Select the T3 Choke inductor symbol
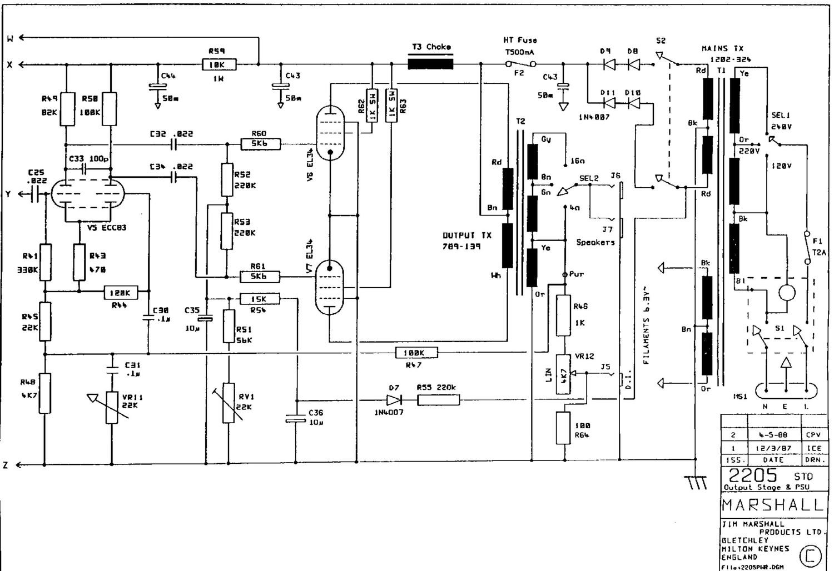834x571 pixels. point(430,64)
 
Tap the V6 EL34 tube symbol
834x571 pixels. point(330,133)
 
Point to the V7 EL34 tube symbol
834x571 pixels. point(329,288)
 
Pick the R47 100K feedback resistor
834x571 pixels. point(416,353)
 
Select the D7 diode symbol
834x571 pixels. point(394,399)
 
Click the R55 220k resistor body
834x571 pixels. point(438,399)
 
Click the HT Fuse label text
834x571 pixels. point(520,40)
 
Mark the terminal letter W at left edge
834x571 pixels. point(9,38)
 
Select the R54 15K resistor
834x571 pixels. point(260,299)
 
